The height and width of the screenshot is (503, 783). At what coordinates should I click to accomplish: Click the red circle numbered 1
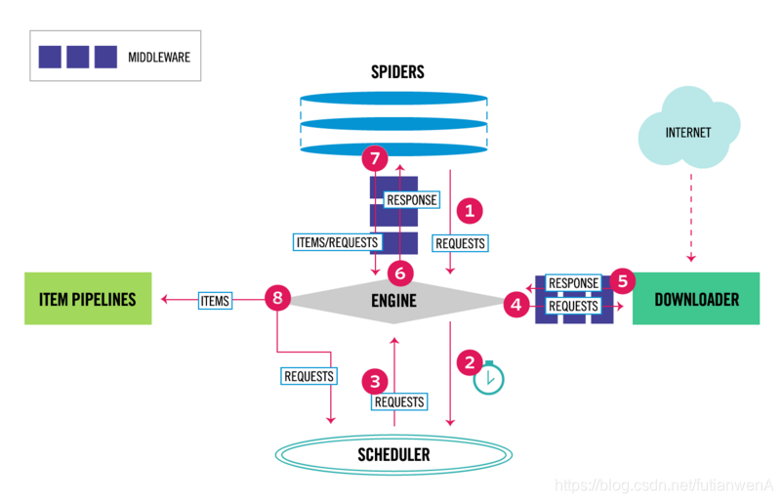(x=471, y=210)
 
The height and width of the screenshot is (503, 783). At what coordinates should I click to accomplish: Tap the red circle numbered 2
(x=471, y=360)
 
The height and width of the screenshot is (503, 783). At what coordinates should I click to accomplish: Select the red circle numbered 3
(x=373, y=380)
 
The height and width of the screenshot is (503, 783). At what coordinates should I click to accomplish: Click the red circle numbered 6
(x=397, y=272)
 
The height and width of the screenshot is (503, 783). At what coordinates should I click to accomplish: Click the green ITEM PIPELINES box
(x=88, y=299)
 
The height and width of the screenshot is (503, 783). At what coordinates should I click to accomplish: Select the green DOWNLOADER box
(x=696, y=299)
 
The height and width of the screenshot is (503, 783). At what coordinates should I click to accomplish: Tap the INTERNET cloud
(x=688, y=133)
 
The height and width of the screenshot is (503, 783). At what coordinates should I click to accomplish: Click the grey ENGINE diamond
(x=394, y=301)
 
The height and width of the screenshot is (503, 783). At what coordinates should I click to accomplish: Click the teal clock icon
(x=488, y=378)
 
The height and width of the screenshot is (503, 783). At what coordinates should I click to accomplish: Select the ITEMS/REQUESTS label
(x=335, y=241)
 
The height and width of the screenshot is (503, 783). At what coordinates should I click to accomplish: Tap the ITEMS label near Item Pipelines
(x=215, y=301)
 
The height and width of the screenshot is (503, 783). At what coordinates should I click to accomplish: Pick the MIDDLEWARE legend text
(x=159, y=58)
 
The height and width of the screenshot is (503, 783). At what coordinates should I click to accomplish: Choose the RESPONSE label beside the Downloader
(x=573, y=283)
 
